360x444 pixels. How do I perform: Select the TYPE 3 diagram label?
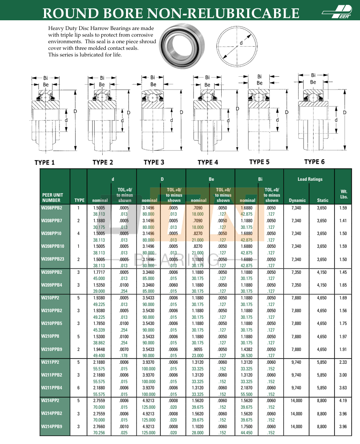[x=154, y=162]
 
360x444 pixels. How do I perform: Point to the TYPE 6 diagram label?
[x=314, y=161]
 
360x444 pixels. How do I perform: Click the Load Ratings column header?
[x=310, y=179]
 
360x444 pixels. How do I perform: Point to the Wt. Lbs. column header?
[x=344, y=194]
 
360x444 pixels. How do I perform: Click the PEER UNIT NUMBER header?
[x=53, y=198]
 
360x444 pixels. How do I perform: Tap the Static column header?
[x=323, y=201]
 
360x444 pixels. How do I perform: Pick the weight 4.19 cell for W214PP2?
[x=343, y=401]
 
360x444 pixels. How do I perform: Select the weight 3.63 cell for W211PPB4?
[x=343, y=388]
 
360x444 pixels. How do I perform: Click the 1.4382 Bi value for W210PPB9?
[x=247, y=349]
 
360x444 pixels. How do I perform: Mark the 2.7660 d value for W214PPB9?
[x=99, y=426]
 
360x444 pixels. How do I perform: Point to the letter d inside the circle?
[x=241, y=43]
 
